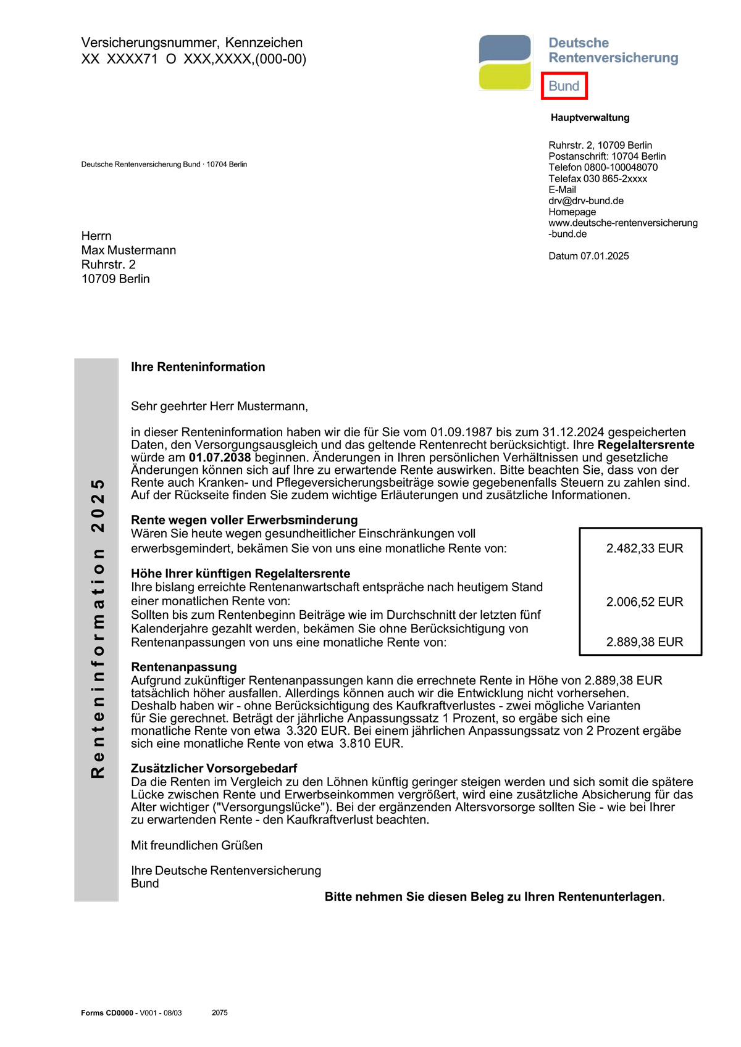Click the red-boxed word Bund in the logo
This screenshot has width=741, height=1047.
click(564, 86)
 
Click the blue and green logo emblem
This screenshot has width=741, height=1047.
click(505, 62)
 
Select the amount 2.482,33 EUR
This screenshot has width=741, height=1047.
click(645, 548)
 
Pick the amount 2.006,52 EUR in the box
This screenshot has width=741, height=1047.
click(645, 602)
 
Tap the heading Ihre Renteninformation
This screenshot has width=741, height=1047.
click(198, 367)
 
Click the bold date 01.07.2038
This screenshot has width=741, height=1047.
click(220, 458)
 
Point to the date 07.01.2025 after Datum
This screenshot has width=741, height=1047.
click(605, 256)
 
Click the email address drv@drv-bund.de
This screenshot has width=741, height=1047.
click(586, 201)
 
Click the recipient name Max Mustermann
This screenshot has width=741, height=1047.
click(128, 250)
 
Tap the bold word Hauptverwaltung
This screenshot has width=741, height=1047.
click(590, 118)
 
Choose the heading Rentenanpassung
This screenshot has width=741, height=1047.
click(184, 667)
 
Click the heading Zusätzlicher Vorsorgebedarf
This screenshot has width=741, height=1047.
click(214, 768)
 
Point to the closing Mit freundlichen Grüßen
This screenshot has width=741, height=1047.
click(196, 845)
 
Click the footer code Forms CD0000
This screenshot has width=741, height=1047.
click(107, 1012)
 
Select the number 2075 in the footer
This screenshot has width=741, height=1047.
click(219, 1012)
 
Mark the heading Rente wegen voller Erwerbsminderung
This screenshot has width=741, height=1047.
click(244, 520)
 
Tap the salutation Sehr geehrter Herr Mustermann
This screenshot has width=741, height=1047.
click(219, 407)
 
